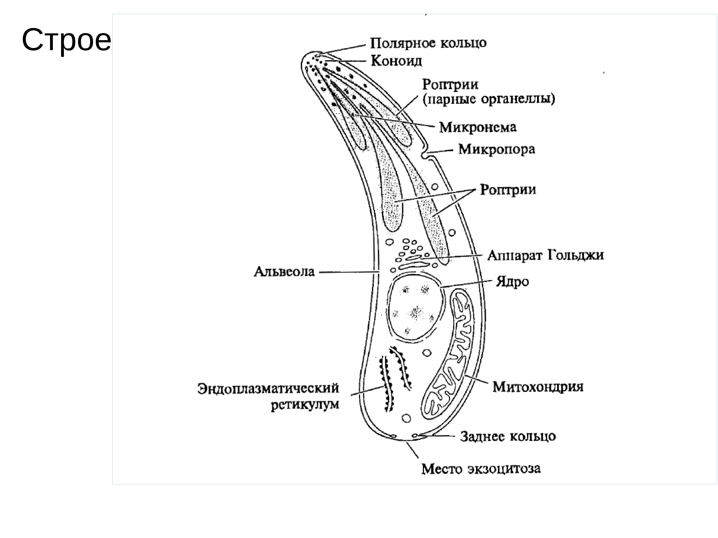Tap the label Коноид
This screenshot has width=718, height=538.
(x=396, y=61)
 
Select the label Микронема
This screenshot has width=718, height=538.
(x=477, y=128)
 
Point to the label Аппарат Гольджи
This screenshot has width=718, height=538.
(x=545, y=255)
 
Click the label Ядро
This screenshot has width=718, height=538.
(x=512, y=282)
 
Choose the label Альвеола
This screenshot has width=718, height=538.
(x=284, y=272)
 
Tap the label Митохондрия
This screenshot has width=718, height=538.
(x=538, y=387)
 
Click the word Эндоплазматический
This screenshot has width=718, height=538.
(x=268, y=388)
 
